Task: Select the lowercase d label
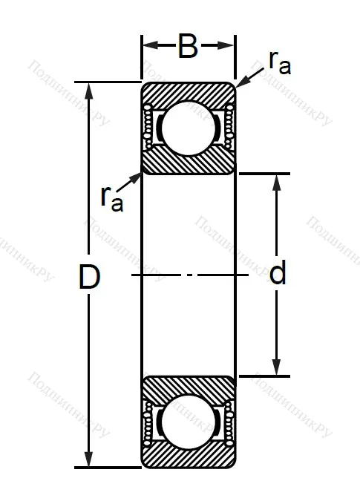coord(278,275)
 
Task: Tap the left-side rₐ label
coord(111,197)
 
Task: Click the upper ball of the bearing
coord(189,128)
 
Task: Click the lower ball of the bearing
coord(189,423)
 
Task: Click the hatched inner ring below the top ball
coord(189,163)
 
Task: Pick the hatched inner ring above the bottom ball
coord(189,387)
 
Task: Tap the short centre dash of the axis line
coord(190,275)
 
